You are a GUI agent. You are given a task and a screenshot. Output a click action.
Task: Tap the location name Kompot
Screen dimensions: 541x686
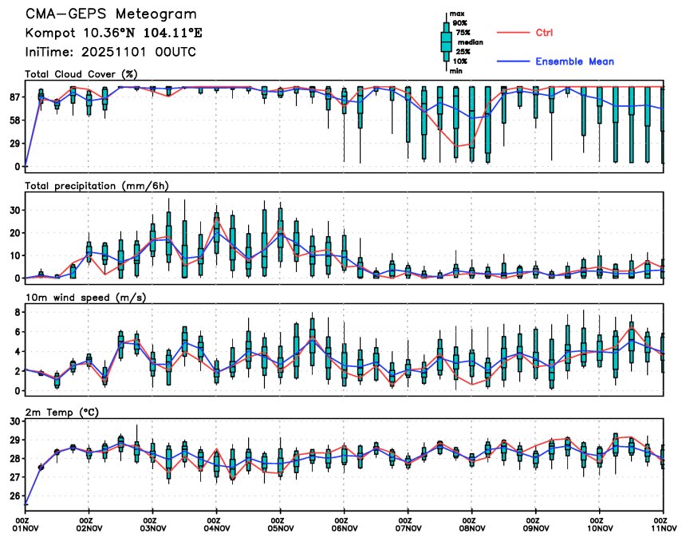(x=48, y=33)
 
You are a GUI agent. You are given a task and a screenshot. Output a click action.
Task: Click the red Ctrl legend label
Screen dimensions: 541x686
(x=544, y=32)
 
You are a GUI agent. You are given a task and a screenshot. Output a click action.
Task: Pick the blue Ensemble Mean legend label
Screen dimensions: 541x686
(x=574, y=61)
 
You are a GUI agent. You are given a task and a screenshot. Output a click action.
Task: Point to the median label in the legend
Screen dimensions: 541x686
(x=470, y=42)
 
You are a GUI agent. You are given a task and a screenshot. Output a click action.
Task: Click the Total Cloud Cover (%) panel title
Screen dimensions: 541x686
(x=81, y=74)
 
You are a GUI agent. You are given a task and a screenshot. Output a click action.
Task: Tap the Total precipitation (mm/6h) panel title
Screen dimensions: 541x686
(x=97, y=185)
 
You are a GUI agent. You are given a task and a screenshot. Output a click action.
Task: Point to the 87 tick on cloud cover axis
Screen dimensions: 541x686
(x=14, y=97)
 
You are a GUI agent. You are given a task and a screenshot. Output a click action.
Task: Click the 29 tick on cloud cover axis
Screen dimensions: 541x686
(x=14, y=144)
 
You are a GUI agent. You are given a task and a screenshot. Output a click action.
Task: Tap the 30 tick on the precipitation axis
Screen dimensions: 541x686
(x=14, y=210)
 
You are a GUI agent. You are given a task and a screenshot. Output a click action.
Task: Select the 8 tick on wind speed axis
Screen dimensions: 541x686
(x=17, y=313)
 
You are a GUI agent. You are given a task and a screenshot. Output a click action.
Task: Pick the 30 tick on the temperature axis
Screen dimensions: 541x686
(x=14, y=421)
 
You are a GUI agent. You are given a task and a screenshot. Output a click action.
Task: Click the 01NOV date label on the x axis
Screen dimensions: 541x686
(x=26, y=528)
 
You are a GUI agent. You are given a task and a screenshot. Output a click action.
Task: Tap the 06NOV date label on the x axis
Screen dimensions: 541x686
(x=344, y=528)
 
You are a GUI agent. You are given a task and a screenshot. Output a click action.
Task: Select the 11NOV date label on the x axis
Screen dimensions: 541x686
(x=663, y=528)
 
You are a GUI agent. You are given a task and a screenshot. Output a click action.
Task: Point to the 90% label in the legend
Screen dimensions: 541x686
(x=459, y=23)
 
